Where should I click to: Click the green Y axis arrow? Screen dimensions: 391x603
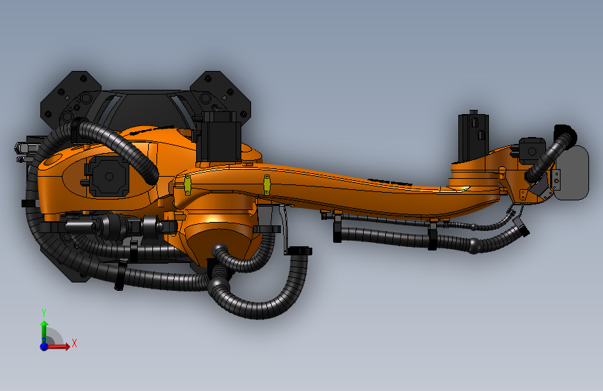coord(44,330)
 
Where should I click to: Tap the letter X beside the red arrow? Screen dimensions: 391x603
coord(74,342)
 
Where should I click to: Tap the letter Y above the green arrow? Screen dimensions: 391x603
coord(44,312)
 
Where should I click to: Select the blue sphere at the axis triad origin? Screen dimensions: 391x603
coord(44,346)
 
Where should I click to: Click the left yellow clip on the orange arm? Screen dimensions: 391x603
coord(187,185)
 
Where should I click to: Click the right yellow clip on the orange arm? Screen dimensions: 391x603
coord(266,184)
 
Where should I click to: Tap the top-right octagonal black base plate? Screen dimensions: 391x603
coord(221,92)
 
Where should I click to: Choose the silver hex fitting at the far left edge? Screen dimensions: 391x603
coord(22,147)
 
